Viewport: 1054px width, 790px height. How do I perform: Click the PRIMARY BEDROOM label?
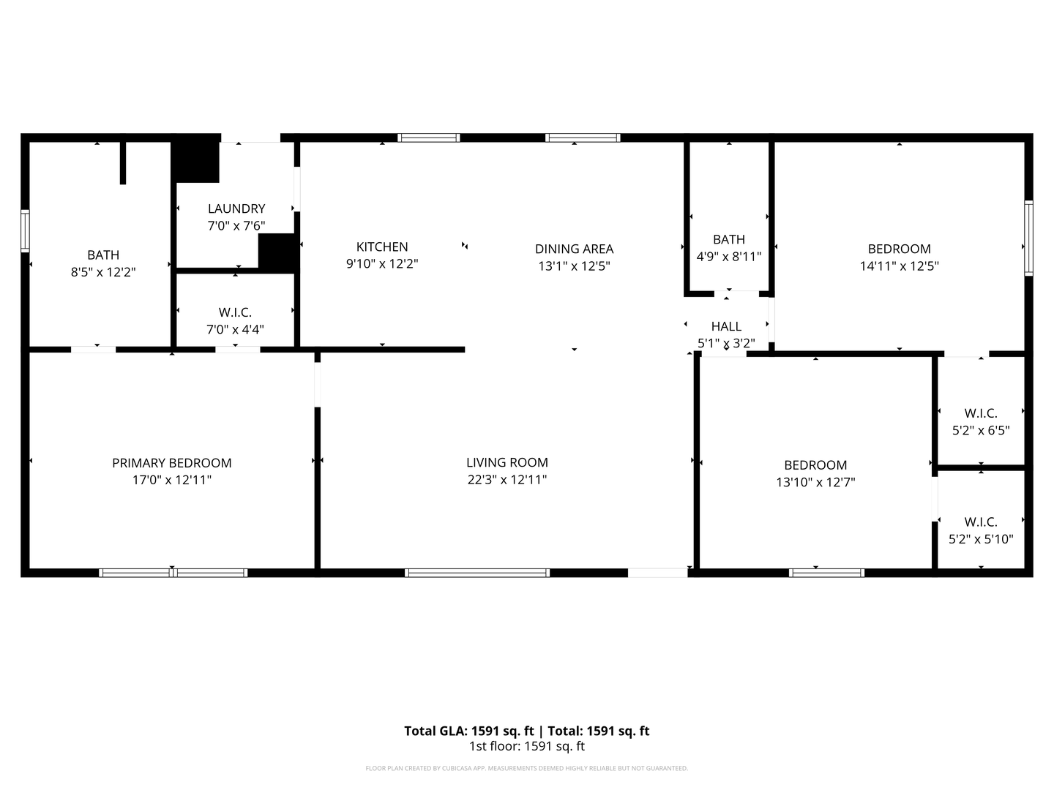[x=171, y=463]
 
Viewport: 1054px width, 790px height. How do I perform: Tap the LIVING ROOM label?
[x=507, y=462]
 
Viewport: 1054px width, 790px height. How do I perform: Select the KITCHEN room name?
[x=381, y=247]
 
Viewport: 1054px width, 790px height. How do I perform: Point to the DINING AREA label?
[x=574, y=249]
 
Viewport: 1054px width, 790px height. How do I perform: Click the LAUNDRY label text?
[x=236, y=208]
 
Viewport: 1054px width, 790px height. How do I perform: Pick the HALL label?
[x=726, y=326]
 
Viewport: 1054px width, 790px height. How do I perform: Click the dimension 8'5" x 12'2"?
[x=103, y=272]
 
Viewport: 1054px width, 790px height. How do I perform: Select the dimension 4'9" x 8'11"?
[x=729, y=257]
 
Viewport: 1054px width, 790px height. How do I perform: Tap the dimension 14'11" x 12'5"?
[x=899, y=266]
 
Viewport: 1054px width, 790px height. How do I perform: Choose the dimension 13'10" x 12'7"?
[x=815, y=482]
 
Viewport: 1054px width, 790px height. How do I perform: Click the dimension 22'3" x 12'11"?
[x=507, y=480]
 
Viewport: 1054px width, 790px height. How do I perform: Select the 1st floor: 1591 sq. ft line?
[x=526, y=747]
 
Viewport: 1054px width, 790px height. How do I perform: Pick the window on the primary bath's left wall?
[x=25, y=230]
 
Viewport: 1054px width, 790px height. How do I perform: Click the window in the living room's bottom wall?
[x=477, y=573]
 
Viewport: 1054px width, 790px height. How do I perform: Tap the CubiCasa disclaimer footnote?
[x=526, y=768]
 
